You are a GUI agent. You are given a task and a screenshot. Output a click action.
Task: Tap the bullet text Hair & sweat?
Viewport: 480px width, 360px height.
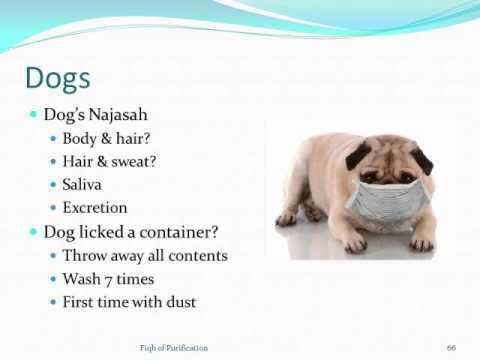[109, 162]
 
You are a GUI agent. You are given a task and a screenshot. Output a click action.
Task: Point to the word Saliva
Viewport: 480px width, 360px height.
[84, 185]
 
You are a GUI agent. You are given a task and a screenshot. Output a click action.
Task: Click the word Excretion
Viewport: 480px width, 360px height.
[95, 208]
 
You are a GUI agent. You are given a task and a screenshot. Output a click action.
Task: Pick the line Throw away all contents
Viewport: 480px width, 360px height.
[145, 255]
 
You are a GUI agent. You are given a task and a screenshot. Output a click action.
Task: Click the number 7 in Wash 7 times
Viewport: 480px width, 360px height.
[107, 279]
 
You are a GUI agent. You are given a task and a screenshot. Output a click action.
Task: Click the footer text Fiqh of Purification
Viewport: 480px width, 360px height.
[174, 347]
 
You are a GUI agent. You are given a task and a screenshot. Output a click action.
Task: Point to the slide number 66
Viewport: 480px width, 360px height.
[451, 347]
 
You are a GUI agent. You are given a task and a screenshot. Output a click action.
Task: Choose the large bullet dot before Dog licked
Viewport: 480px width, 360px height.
[34, 233]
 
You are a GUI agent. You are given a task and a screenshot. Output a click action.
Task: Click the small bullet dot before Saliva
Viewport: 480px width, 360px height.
[53, 186]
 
